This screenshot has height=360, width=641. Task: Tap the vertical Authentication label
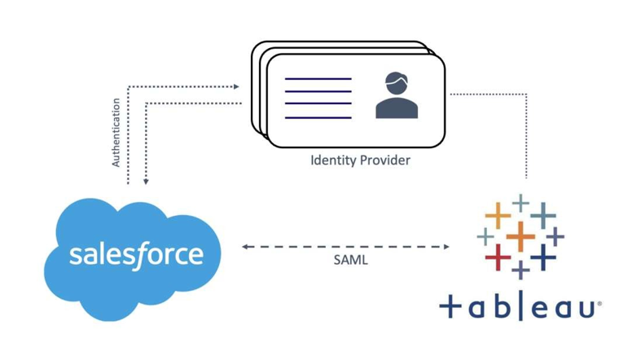[116, 133]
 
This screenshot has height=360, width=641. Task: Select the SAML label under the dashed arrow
[351, 260]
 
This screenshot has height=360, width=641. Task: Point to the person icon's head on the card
[396, 84]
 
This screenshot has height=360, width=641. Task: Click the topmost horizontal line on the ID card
[318, 79]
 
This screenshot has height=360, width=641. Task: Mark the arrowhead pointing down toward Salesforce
[146, 181]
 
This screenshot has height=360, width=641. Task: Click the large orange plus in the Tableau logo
[520, 237]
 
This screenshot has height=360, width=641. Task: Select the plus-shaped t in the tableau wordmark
[450, 308]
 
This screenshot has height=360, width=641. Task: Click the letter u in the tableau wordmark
[586, 309]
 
